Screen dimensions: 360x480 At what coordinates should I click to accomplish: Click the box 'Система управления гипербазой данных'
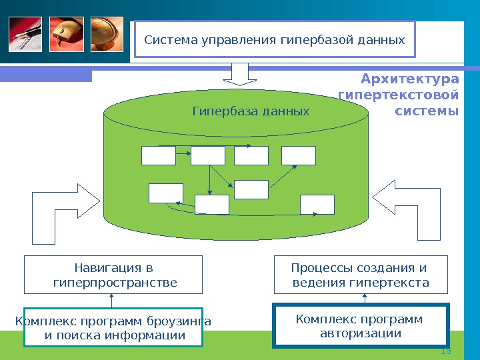pos(275,40)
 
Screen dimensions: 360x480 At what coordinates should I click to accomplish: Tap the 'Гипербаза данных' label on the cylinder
pos(251,111)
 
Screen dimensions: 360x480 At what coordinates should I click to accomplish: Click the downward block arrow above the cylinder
pos(240,74)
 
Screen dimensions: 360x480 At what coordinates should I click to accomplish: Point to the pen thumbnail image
pos(25,34)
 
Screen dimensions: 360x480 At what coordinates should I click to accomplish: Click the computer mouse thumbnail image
pos(65,34)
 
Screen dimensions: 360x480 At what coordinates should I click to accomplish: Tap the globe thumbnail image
pos(106,34)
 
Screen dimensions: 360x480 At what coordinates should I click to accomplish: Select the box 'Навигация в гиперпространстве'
pos(113,275)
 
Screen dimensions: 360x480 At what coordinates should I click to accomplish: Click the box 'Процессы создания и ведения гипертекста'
pos(361,275)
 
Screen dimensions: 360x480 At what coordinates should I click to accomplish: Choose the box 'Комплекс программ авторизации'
pos(361,325)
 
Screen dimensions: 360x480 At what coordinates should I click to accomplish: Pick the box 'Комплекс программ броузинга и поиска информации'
pos(113,328)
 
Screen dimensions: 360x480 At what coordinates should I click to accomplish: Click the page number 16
pos(446,351)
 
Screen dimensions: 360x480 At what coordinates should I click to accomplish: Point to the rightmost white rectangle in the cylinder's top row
pos(298,155)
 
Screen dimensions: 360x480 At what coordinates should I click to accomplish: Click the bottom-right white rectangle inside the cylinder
pos(317,204)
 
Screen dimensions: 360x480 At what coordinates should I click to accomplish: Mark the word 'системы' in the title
pos(427,111)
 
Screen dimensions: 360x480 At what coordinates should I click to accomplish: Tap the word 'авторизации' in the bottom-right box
pos(361,333)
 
